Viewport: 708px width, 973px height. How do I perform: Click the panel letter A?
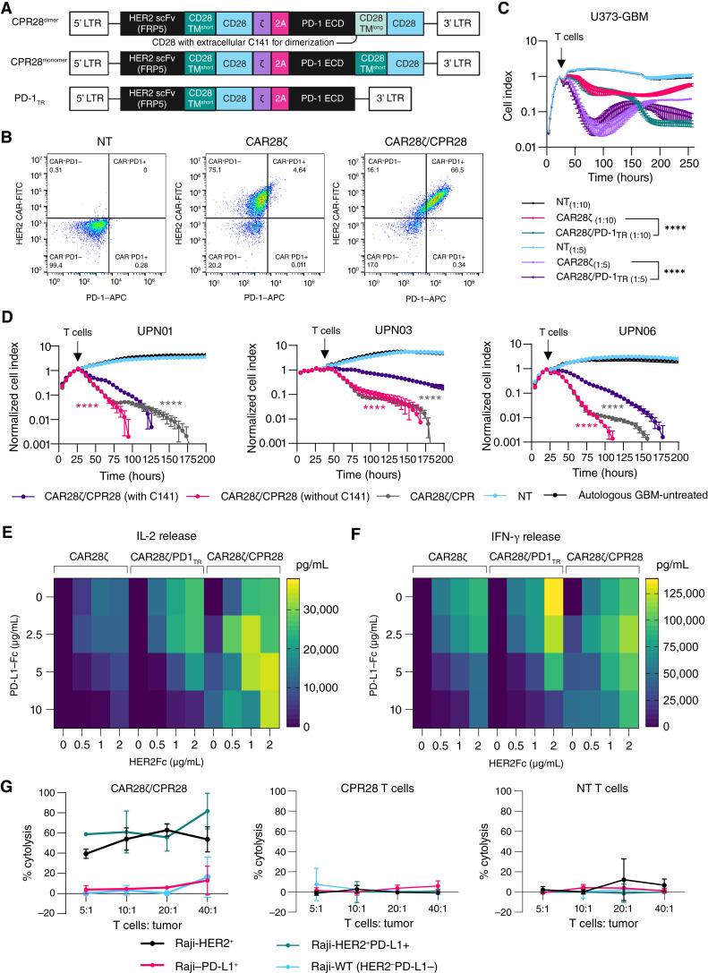click(x=7, y=8)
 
